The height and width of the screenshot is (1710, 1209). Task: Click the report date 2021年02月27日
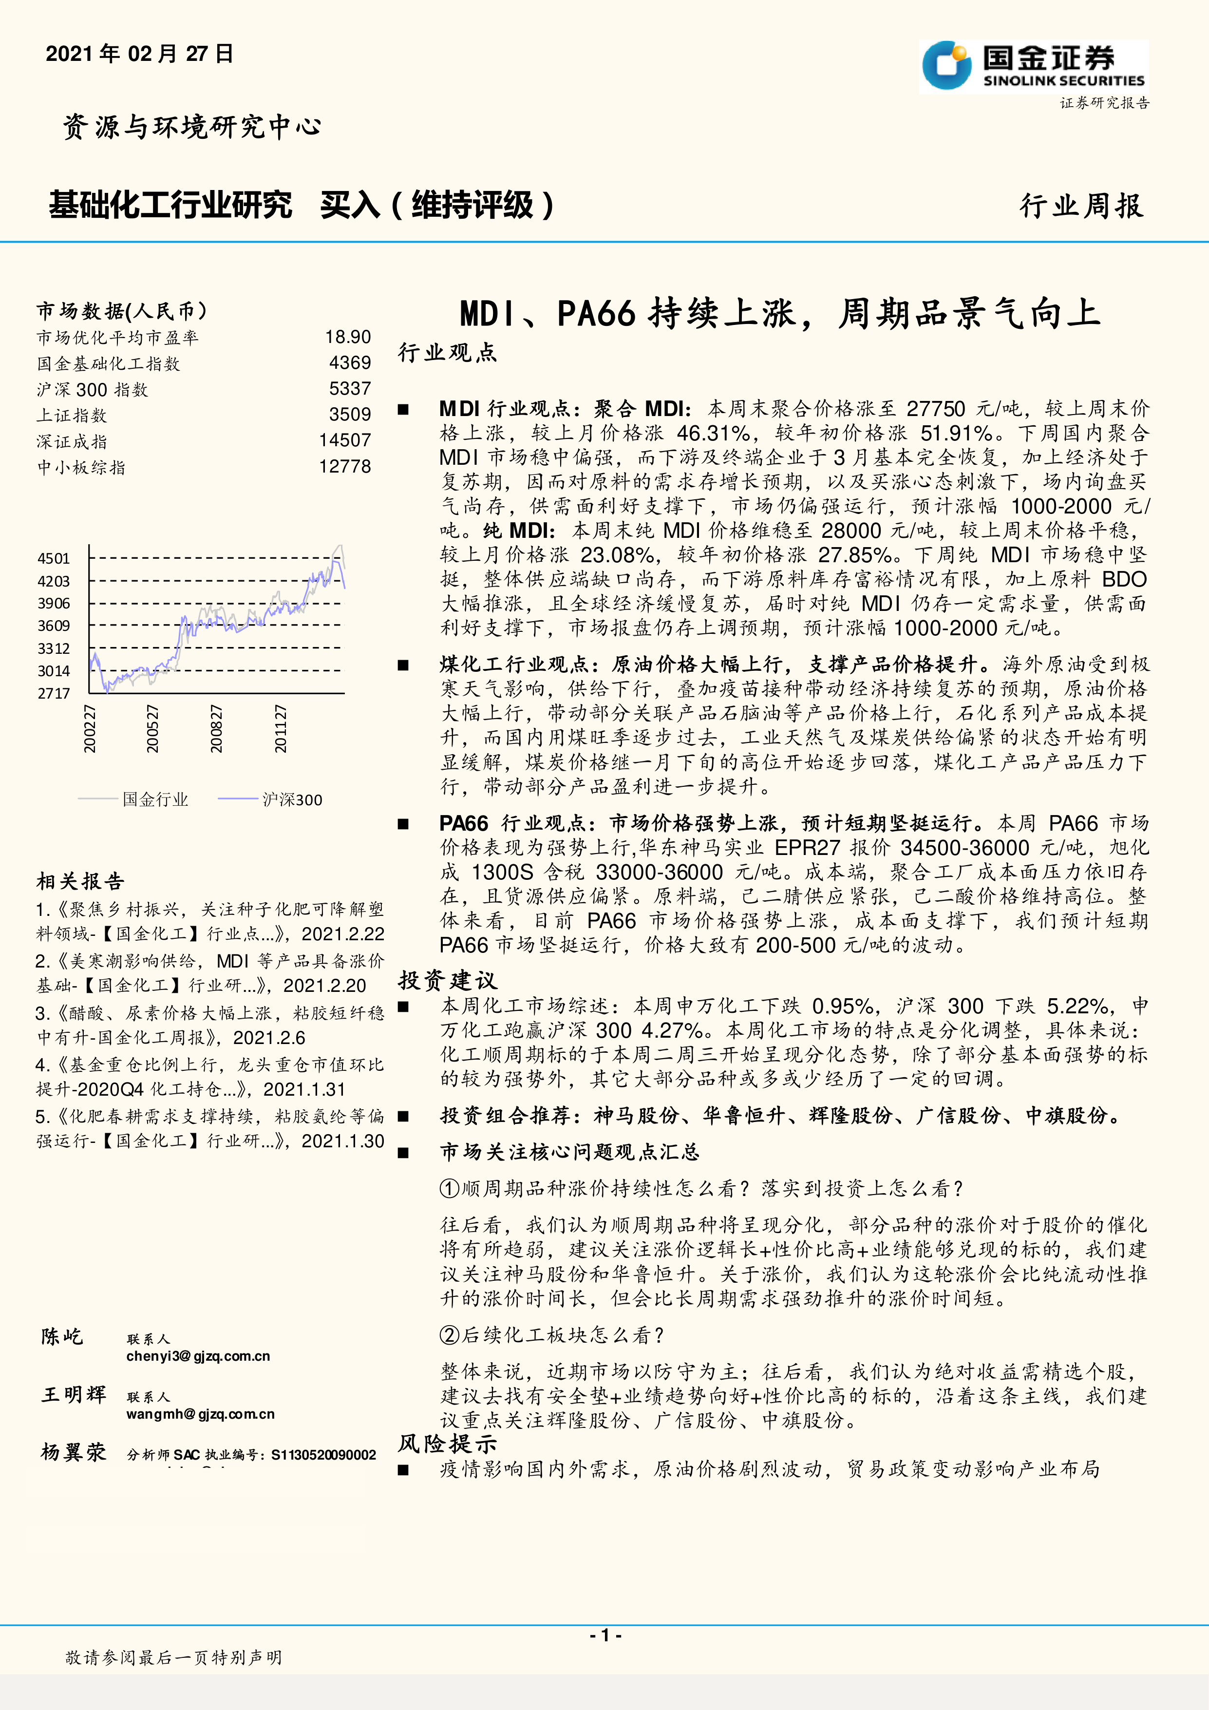click(140, 54)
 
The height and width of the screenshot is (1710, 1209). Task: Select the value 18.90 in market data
click(348, 338)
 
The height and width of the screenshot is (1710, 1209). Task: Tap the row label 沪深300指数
click(93, 390)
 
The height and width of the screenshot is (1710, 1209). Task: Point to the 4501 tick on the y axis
click(54, 559)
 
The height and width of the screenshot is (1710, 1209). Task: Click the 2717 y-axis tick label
click(54, 693)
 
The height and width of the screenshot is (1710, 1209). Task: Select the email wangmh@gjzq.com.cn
click(200, 1414)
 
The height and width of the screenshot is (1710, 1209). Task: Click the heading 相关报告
click(80, 882)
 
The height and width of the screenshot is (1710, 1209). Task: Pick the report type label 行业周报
click(1081, 206)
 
